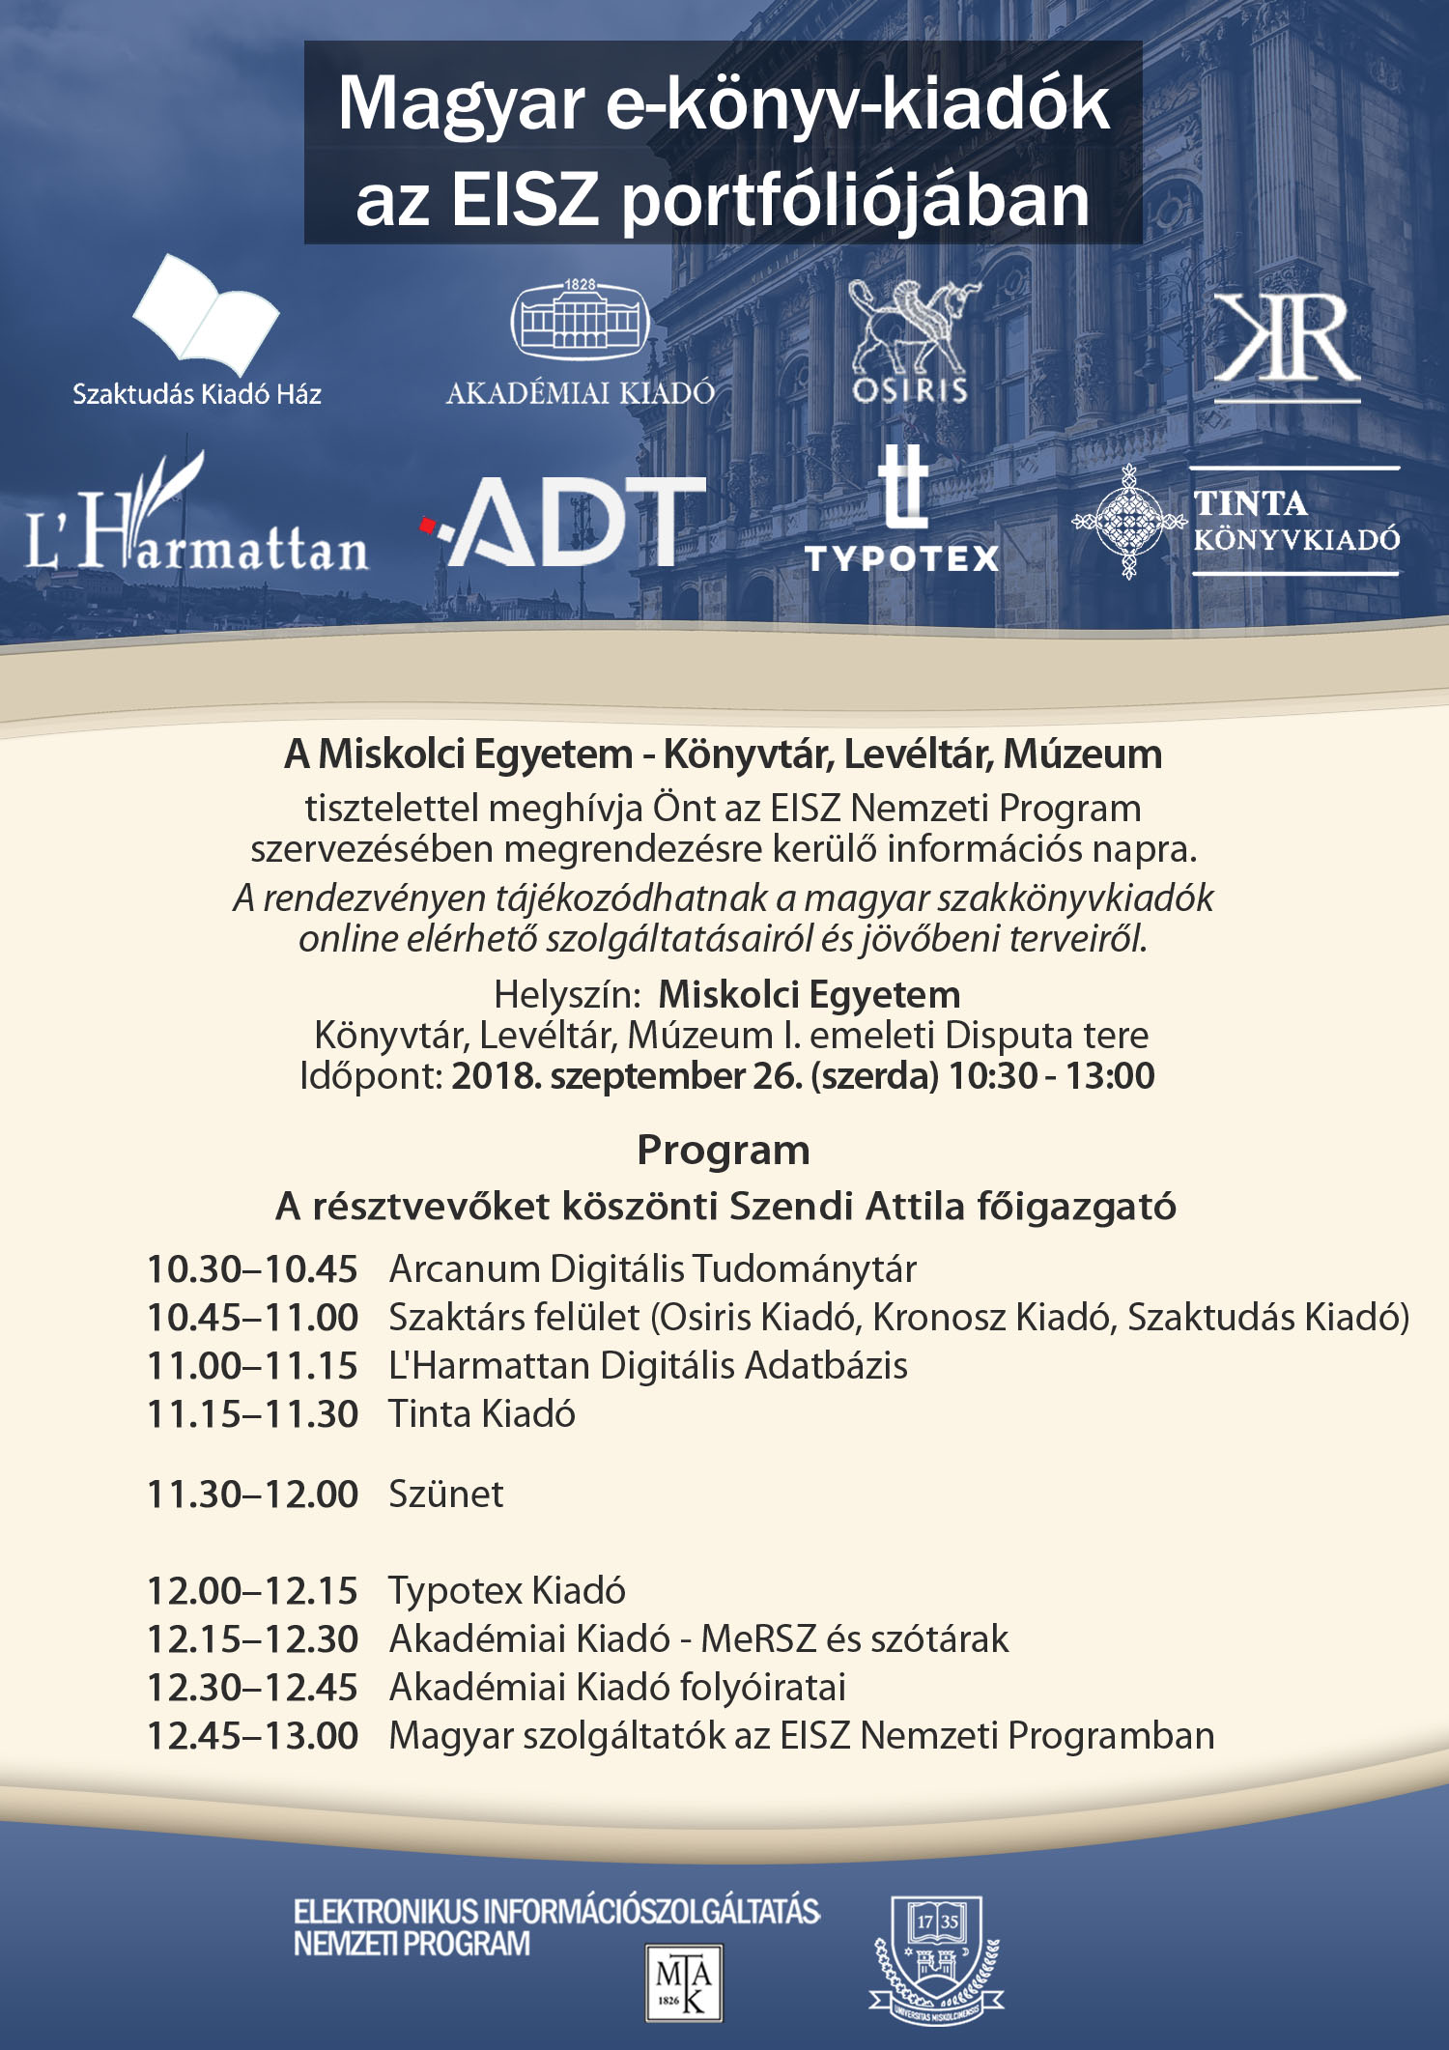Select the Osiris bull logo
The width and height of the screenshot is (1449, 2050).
click(909, 328)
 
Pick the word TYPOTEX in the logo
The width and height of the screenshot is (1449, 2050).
click(901, 558)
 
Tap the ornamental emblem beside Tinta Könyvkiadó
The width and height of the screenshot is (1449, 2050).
click(1127, 522)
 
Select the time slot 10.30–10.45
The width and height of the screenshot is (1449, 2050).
click(252, 1269)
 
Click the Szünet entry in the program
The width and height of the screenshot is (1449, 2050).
click(445, 1495)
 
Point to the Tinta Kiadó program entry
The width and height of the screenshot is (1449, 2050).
click(482, 1414)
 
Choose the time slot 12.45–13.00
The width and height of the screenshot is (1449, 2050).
click(252, 1736)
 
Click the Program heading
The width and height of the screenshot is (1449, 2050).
click(724, 1151)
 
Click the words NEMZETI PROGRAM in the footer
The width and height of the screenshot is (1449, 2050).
click(412, 1944)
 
